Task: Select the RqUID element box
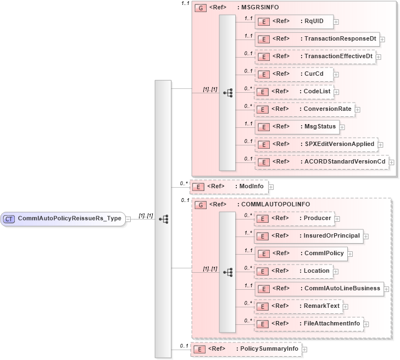click(294, 21)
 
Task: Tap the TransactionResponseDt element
click(316, 39)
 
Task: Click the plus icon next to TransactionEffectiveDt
click(379, 57)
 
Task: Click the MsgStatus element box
click(297, 126)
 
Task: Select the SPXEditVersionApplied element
click(316, 144)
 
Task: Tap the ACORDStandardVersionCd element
click(321, 161)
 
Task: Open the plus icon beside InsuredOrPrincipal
click(366, 237)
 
